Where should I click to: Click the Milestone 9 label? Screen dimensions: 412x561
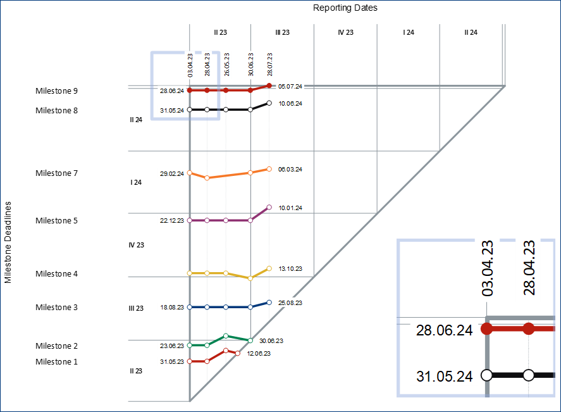pyautogui.click(x=56, y=91)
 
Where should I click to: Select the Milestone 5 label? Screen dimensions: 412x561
pyautogui.click(x=56, y=221)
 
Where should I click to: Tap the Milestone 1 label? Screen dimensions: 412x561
pyautogui.click(x=56, y=362)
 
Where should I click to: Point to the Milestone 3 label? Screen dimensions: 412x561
pyautogui.click(x=56, y=308)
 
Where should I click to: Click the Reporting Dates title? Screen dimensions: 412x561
pyautogui.click(x=345, y=8)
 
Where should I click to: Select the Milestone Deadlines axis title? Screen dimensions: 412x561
pyautogui.click(x=8, y=242)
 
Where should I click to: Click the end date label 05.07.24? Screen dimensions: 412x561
pyautogui.click(x=290, y=86)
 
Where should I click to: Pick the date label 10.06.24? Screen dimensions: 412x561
pyautogui.click(x=290, y=103)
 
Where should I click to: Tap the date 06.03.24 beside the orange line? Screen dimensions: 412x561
pyautogui.click(x=290, y=169)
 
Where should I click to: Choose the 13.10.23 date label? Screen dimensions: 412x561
pyautogui.click(x=290, y=268)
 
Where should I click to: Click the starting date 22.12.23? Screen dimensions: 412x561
pyautogui.click(x=172, y=221)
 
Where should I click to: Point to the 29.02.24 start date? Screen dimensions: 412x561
pyautogui.click(x=172, y=173)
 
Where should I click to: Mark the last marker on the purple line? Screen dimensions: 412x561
pyautogui.click(x=269, y=208)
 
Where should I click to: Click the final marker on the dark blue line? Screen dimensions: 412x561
pyautogui.click(x=269, y=303)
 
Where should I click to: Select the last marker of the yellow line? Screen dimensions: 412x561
pyautogui.click(x=269, y=268)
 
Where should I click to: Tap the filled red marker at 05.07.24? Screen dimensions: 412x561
pyautogui.click(x=269, y=85)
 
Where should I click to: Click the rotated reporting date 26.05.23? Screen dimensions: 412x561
pyautogui.click(x=226, y=65)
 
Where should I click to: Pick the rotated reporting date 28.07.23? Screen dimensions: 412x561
pyautogui.click(x=270, y=65)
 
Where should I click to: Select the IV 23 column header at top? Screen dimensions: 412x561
pyautogui.click(x=345, y=32)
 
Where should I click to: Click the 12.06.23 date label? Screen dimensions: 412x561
pyautogui.click(x=259, y=353)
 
